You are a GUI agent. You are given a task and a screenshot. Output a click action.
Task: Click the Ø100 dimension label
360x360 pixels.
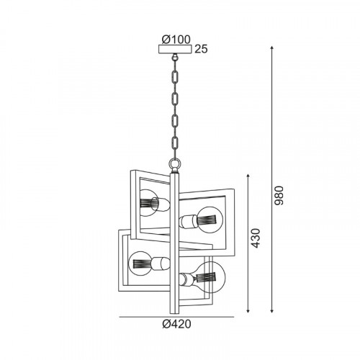pyautogui.click(x=176, y=40)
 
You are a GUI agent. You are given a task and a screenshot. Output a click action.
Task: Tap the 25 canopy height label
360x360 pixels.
pyautogui.click(x=201, y=49)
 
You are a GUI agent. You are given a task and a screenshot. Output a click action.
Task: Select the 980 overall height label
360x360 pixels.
pyautogui.click(x=279, y=195)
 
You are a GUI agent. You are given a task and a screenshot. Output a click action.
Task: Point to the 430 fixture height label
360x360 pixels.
pyautogui.click(x=255, y=238)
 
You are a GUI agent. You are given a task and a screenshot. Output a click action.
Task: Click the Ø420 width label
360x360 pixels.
pyautogui.click(x=176, y=324)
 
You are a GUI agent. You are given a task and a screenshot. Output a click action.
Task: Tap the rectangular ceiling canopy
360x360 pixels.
pyautogui.click(x=175, y=49)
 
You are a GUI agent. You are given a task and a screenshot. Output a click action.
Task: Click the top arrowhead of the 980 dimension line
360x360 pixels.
pyautogui.click(x=272, y=48)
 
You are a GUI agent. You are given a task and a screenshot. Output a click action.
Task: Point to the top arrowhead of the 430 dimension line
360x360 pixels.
pyautogui.click(x=248, y=176)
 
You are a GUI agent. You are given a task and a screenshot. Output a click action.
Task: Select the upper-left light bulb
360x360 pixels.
pyautogui.click(x=149, y=203)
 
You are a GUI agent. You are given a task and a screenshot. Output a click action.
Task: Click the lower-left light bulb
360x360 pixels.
pyautogui.click(x=140, y=264)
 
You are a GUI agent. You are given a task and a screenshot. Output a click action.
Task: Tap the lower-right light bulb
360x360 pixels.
pyautogui.click(x=211, y=278)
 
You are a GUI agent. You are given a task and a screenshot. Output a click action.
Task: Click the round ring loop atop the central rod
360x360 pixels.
pyautogui.click(x=175, y=164)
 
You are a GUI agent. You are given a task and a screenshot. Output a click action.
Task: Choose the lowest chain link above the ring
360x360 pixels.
pyautogui.click(x=175, y=143)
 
